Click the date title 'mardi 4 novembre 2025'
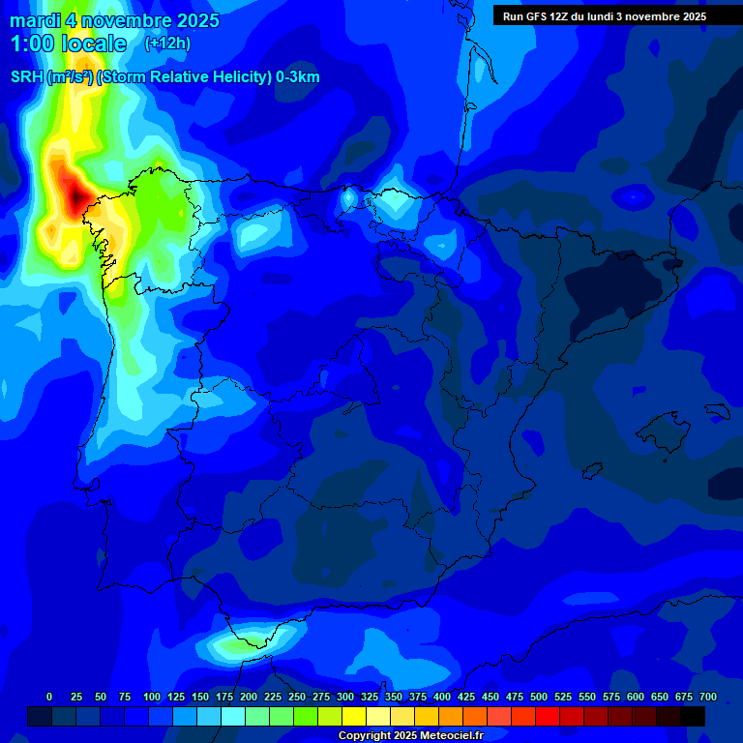[114, 20]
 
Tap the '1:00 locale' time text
[68, 44]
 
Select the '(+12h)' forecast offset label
[167, 44]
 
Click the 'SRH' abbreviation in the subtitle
[27, 77]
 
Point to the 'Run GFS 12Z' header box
[604, 16]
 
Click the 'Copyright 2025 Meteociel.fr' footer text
[410, 736]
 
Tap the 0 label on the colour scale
[49, 697]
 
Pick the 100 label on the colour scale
[152, 697]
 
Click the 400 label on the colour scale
[442, 697]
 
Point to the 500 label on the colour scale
[539, 697]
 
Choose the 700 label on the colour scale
[708, 697]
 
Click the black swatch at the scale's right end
[693, 716]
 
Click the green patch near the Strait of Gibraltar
[237, 642]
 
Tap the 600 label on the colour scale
[636, 697]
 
